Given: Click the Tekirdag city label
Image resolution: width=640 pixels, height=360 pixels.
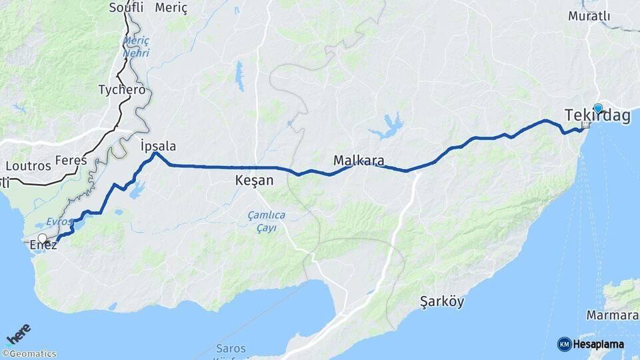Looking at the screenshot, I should pyautogui.click(x=597, y=116).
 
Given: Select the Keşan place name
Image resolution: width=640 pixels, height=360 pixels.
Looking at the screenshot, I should pyautogui.click(x=255, y=180).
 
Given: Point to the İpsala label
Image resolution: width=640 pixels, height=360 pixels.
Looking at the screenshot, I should pyautogui.click(x=159, y=146).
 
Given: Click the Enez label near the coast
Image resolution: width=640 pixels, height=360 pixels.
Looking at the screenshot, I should pyautogui.click(x=45, y=245).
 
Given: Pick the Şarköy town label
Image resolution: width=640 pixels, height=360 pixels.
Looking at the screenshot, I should pyautogui.click(x=442, y=301).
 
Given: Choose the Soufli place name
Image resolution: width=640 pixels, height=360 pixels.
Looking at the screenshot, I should pyautogui.click(x=126, y=8).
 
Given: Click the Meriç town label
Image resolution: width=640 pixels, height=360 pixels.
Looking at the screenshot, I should pyautogui.click(x=172, y=8).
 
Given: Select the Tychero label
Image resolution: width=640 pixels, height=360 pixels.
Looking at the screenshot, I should pyautogui.click(x=121, y=89).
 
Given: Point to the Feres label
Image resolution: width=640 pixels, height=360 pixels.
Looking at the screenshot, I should pyautogui.click(x=71, y=160).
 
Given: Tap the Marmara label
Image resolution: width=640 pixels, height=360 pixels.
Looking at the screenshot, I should pyautogui.click(x=612, y=315).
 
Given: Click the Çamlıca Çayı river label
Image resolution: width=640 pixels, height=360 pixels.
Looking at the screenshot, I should pyautogui.click(x=267, y=221).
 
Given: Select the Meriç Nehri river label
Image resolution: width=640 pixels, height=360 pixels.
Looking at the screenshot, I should pyautogui.click(x=136, y=47).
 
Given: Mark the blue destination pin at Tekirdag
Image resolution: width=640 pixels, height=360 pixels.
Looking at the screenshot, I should pyautogui.click(x=598, y=109).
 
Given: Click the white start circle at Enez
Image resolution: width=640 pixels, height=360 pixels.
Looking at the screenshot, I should pyautogui.click(x=43, y=238).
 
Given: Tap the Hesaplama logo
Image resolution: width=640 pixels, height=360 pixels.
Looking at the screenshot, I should pyautogui.click(x=591, y=344).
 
